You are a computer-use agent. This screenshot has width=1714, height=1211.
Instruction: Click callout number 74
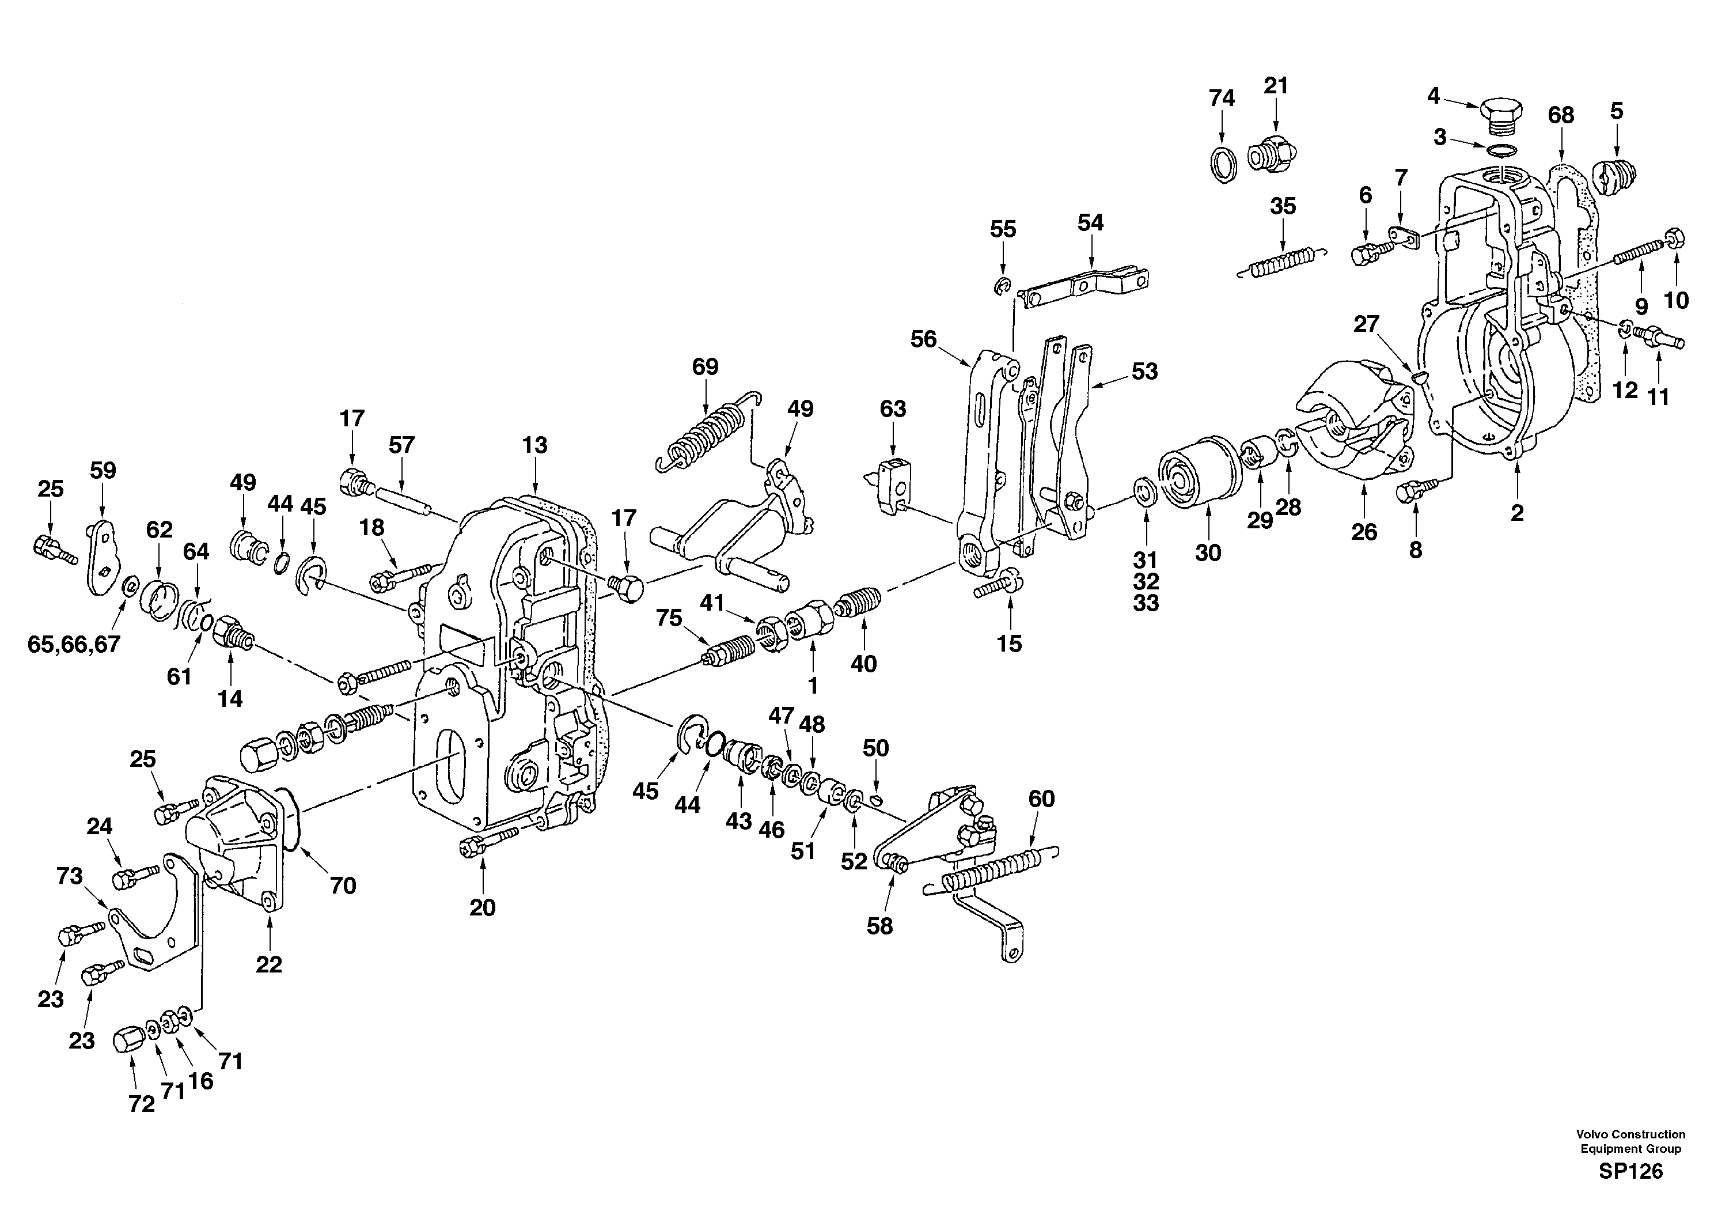[x=1222, y=99]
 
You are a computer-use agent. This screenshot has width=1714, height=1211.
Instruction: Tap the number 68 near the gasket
[x=1560, y=115]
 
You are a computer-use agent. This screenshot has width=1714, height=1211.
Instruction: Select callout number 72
[x=141, y=1104]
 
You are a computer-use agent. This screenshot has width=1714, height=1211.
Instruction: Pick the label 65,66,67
[x=74, y=644]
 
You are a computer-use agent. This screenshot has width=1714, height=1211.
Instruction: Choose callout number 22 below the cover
[x=269, y=964]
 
